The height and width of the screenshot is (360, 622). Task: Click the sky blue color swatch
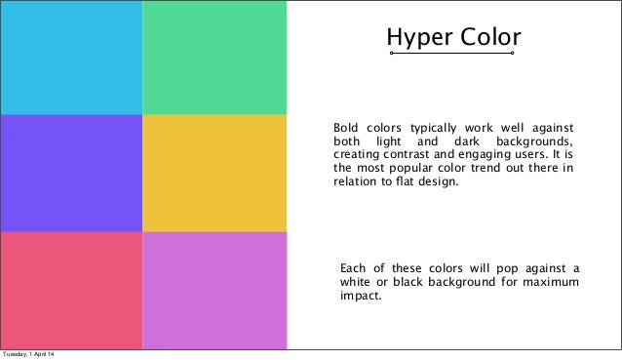(x=71, y=58)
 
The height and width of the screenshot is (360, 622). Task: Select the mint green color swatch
(x=214, y=58)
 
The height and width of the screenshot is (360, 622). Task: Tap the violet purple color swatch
(x=71, y=173)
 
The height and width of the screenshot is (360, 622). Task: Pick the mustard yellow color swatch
(x=214, y=173)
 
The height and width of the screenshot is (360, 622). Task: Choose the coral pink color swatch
(x=71, y=290)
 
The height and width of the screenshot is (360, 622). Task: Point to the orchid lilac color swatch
(x=214, y=290)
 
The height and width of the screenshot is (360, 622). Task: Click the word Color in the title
(x=487, y=36)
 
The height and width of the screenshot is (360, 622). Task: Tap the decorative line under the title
(x=452, y=54)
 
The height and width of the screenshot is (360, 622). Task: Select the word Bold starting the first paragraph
(x=348, y=128)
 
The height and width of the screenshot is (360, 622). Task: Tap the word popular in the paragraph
(x=413, y=169)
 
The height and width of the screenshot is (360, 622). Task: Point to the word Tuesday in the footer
(x=15, y=353)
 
